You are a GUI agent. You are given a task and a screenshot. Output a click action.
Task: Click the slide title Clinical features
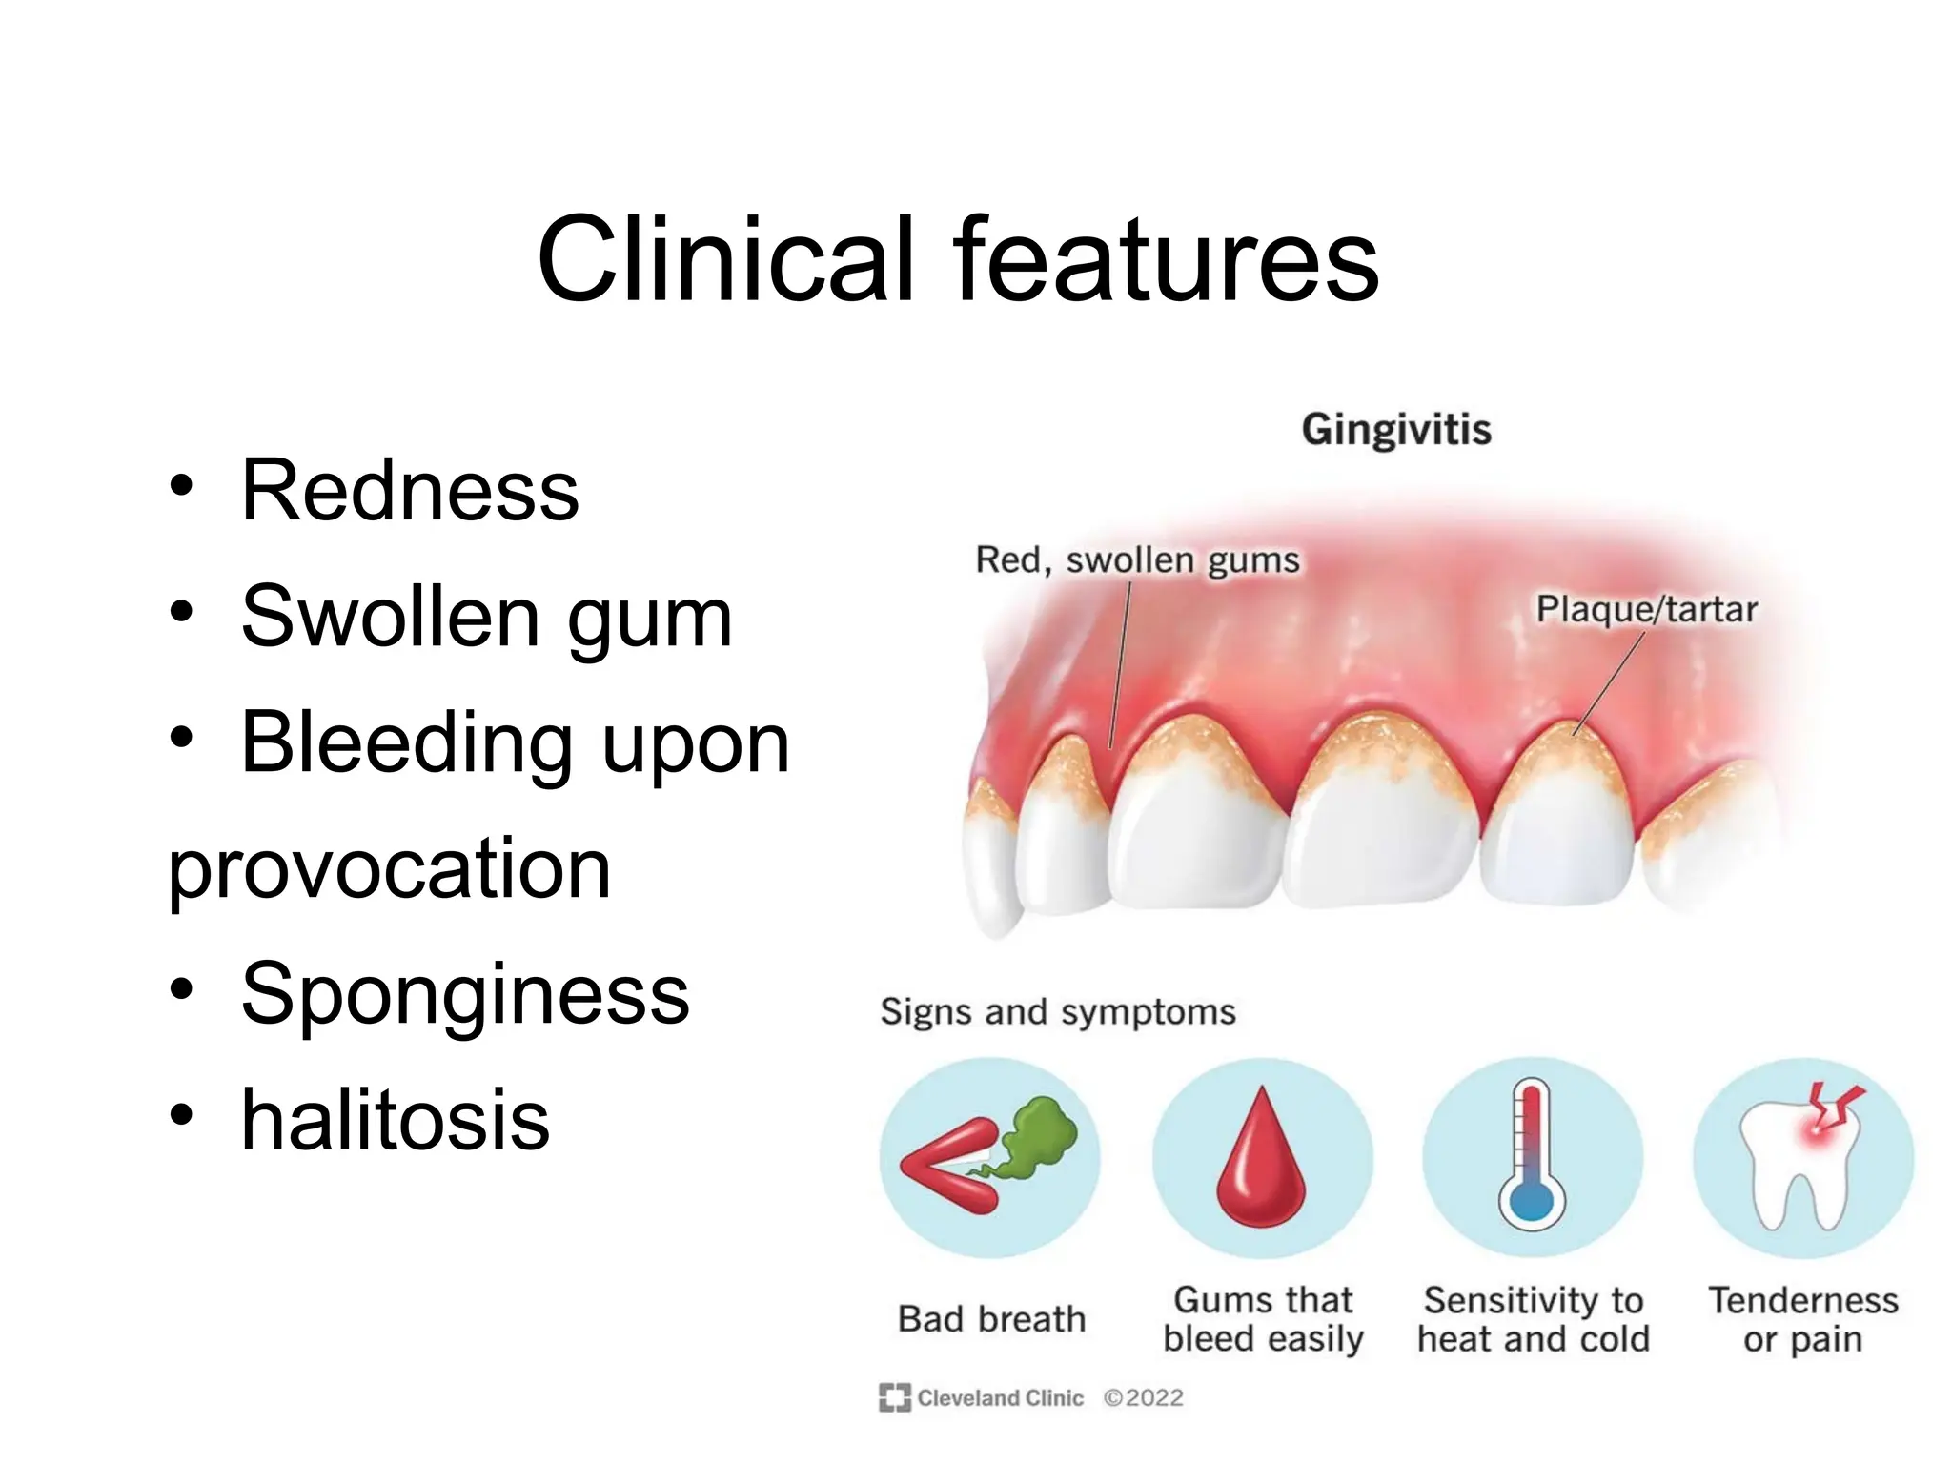[x=957, y=259]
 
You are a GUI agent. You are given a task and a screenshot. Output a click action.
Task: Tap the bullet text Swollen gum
[x=486, y=617]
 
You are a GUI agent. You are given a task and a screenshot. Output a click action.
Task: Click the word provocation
[x=389, y=868]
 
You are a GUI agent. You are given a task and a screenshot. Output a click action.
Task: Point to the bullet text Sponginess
[x=465, y=994]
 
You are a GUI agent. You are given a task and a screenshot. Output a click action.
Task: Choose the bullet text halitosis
[x=395, y=1120]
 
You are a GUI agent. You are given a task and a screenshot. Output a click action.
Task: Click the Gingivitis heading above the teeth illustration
[x=1395, y=430]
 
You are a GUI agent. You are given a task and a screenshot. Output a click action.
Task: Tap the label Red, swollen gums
[x=1137, y=560]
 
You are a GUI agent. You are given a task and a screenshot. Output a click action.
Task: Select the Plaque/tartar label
[x=1646, y=609]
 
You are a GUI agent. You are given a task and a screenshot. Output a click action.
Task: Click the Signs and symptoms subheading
[x=1057, y=1011]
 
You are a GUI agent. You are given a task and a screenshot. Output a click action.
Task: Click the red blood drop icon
[x=1261, y=1159]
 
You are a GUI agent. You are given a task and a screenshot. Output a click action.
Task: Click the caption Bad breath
[x=991, y=1319]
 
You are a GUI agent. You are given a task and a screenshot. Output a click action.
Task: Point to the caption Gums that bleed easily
[x=1262, y=1319]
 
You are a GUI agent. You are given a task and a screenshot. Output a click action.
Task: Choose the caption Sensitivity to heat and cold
[x=1533, y=1319]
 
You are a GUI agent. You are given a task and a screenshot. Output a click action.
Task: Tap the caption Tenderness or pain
[x=1802, y=1319]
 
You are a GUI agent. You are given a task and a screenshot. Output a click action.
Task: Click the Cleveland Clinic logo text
[x=999, y=1397]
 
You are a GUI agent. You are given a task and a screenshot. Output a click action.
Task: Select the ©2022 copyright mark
[x=1143, y=1397]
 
